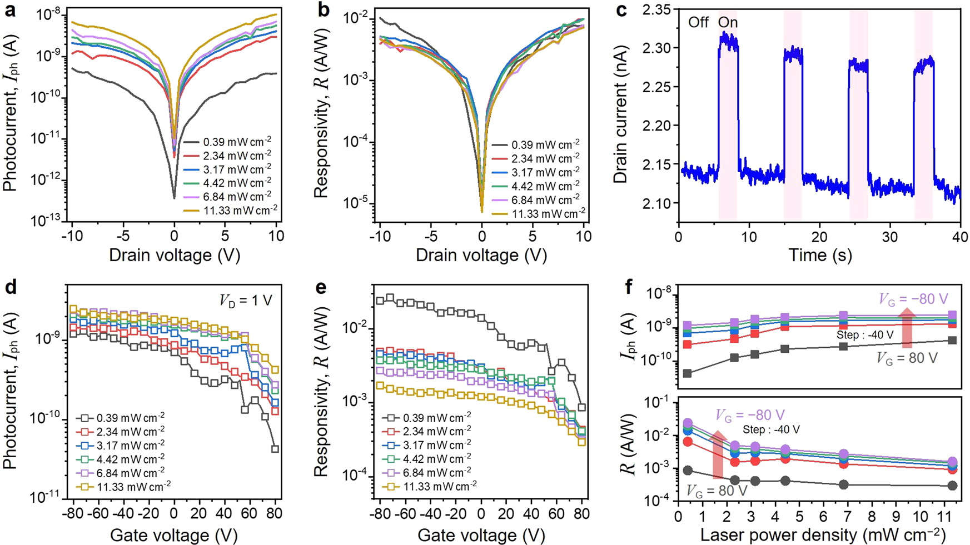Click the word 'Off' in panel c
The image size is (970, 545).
coord(699,23)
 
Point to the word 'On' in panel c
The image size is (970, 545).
coord(728,23)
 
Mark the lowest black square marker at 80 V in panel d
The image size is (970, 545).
coord(275,448)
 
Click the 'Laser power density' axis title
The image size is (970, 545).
coord(823,534)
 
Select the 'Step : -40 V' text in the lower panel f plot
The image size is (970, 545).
coord(772,429)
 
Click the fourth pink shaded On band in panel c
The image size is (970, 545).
coord(923,116)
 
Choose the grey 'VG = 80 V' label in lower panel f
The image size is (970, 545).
coord(717,491)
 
